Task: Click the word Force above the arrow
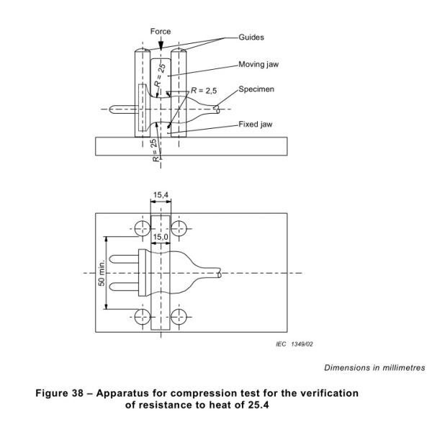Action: click(161, 32)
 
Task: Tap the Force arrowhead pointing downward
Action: click(161, 45)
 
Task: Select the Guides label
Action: click(251, 37)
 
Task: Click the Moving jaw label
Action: click(258, 65)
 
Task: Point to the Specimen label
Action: click(256, 89)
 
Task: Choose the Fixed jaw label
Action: click(255, 125)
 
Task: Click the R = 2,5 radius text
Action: click(204, 91)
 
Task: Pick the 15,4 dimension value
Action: click(161, 195)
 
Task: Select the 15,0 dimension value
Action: click(161, 237)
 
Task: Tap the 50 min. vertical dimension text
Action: click(102, 272)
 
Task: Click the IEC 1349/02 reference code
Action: click(294, 344)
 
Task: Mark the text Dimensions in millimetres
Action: click(374, 367)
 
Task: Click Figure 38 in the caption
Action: click(59, 393)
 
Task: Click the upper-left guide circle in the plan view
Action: click(143, 228)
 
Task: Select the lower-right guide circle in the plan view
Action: click(179, 317)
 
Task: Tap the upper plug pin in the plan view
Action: click(124, 259)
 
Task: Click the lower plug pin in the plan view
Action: click(124, 287)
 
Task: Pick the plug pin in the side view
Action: click(122, 109)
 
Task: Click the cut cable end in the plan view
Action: click(220, 274)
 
